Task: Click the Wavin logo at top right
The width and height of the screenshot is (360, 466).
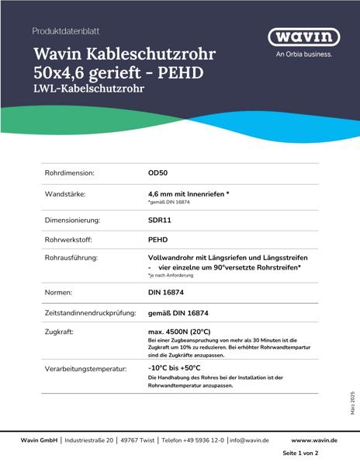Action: click(304, 37)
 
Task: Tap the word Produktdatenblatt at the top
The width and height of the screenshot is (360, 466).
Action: click(66, 31)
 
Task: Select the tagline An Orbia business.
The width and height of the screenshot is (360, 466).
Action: click(304, 54)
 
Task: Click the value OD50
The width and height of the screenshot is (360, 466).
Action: click(158, 173)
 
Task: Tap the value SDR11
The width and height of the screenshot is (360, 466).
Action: click(160, 220)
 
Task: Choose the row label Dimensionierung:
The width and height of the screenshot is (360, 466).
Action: click(75, 220)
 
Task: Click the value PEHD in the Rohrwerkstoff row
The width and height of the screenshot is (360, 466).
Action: click(158, 240)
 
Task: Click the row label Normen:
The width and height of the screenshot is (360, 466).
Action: click(58, 293)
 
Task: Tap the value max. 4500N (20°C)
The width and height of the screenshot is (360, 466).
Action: click(182, 331)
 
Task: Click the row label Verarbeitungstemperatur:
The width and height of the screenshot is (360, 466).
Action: click(85, 368)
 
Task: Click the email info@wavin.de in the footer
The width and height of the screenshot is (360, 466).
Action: click(249, 440)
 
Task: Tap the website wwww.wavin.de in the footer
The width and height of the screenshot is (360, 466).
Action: click(314, 440)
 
